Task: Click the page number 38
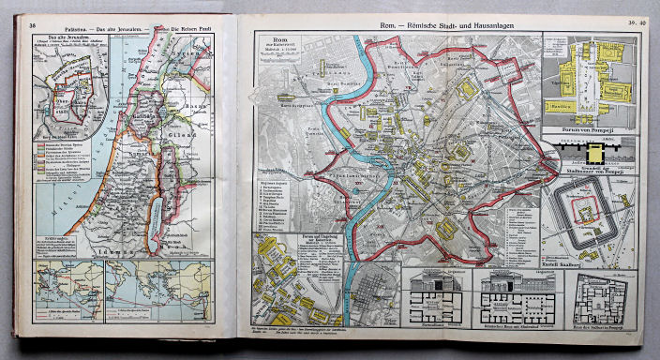[34, 24]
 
